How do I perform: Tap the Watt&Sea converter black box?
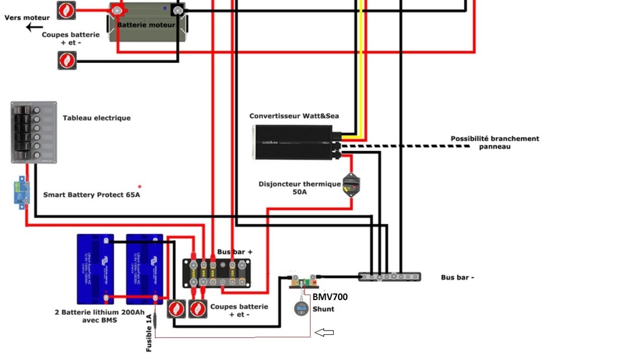[293, 142]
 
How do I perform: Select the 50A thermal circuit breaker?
[351, 185]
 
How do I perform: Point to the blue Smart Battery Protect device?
[22, 191]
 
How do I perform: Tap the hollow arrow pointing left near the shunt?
[324, 332]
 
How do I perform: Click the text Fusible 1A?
[149, 332]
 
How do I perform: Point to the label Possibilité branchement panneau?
[495, 142]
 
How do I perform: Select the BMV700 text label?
[330, 297]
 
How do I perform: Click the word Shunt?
[323, 309]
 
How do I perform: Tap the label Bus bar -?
[457, 277]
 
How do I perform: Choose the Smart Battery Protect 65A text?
[91, 195]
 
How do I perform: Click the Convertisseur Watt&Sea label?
[293, 116]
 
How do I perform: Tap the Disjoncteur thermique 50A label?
[300, 188]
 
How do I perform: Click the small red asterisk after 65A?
[139, 186]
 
